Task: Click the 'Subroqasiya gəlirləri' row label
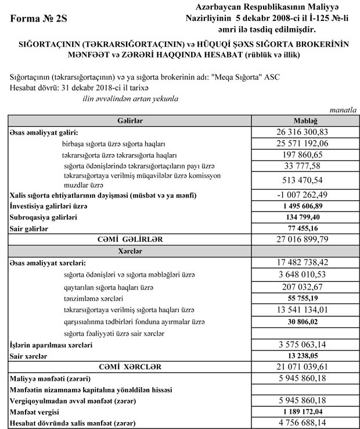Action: click(x=44, y=217)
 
